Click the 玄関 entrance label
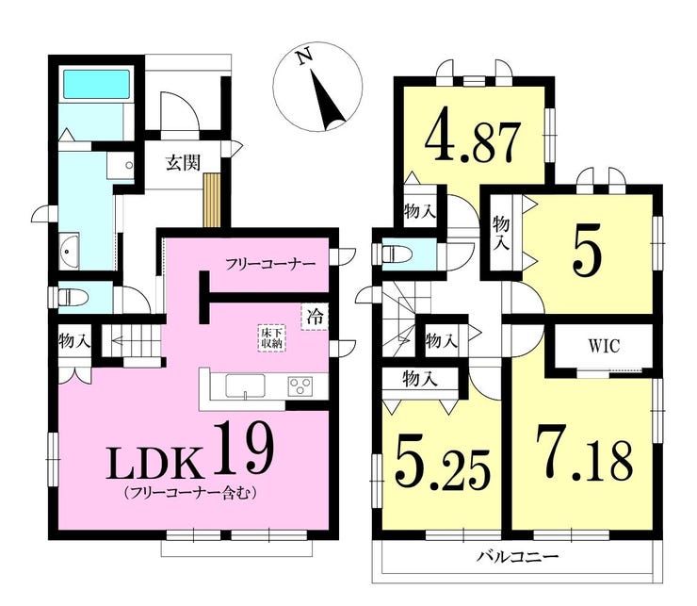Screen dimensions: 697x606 click(183, 162)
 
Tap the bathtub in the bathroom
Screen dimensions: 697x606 click(96, 84)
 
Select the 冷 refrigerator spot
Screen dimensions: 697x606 click(316, 317)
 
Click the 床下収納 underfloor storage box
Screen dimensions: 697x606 click(271, 338)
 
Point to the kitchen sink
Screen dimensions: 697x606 click(245, 385)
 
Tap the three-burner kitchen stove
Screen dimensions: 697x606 click(301, 385)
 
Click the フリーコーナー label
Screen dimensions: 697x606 click(270, 264)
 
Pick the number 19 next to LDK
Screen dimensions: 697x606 click(243, 449)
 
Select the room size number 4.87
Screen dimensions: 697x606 click(472, 137)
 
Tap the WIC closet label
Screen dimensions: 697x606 click(604, 346)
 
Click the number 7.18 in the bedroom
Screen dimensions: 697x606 click(584, 454)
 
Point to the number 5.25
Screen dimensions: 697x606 click(444, 466)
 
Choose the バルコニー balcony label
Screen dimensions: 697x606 click(517, 556)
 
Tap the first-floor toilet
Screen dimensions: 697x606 click(73, 297)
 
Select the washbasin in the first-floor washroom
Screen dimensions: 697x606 click(69, 251)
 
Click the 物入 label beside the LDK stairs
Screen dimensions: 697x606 click(74, 342)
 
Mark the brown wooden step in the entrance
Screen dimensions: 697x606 click(212, 200)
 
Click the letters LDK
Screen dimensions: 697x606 click(153, 463)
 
